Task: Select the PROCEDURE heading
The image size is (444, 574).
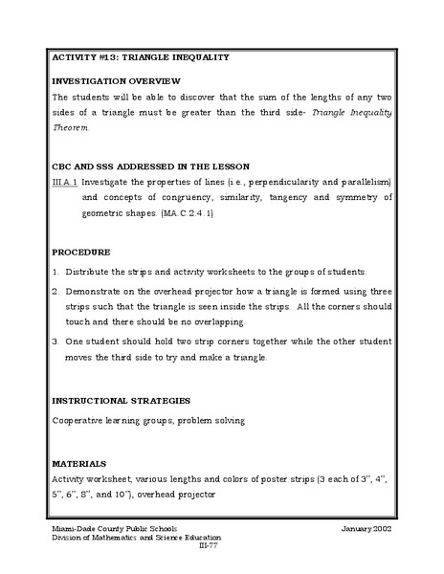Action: tap(81, 252)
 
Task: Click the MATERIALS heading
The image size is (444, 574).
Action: tap(79, 461)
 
